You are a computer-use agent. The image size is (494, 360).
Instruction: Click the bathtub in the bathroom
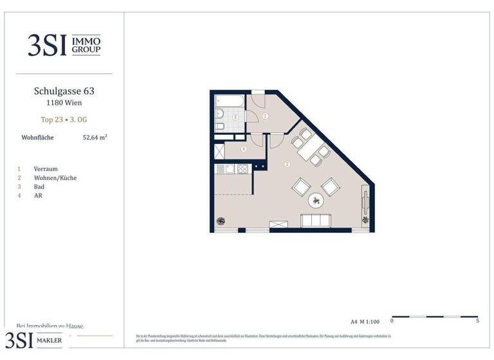click(229, 101)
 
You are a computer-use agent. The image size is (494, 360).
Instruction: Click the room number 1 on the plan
click(265, 116)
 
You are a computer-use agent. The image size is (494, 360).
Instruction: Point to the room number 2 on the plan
click(287, 164)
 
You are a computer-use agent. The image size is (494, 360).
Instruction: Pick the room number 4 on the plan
click(243, 149)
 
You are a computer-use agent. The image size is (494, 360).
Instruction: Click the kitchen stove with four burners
click(242, 169)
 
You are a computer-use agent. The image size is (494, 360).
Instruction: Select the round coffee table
click(316, 201)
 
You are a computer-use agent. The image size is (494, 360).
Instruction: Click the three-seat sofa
click(316, 222)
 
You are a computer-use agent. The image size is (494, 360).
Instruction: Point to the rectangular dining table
click(313, 149)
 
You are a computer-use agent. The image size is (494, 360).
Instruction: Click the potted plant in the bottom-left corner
click(221, 222)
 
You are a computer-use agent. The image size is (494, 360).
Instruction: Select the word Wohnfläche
click(37, 137)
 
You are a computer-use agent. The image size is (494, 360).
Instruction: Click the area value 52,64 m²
click(95, 137)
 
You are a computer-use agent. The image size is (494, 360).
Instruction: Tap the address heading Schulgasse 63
click(64, 91)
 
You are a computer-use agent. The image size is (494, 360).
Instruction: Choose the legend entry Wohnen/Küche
click(55, 177)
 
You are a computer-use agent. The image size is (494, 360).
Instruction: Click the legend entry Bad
click(39, 186)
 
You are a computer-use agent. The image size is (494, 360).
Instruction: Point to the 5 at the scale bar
click(477, 320)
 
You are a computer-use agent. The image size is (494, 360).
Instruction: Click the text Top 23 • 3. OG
click(64, 120)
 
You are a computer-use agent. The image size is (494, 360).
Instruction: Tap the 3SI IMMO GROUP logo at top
click(64, 44)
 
